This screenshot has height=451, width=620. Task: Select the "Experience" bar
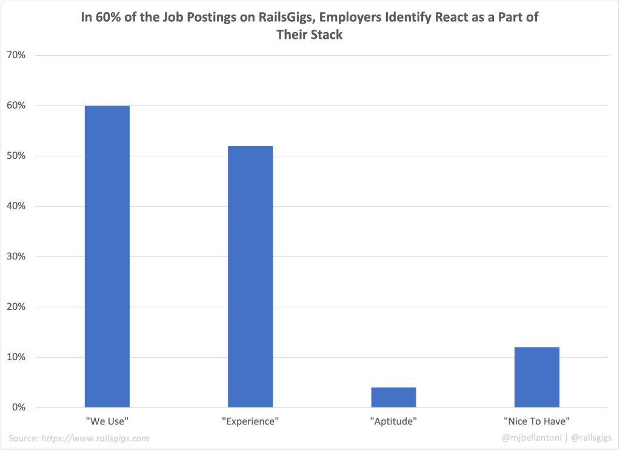250,276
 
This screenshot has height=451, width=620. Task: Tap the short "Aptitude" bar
393,397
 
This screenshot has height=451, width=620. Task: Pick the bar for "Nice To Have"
536,376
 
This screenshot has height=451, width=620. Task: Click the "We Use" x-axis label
107,420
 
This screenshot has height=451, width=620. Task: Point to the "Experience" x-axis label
250,420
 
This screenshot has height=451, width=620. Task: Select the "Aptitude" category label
393,420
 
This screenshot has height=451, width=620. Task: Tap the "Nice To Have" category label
536,420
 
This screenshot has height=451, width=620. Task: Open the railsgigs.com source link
95,438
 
